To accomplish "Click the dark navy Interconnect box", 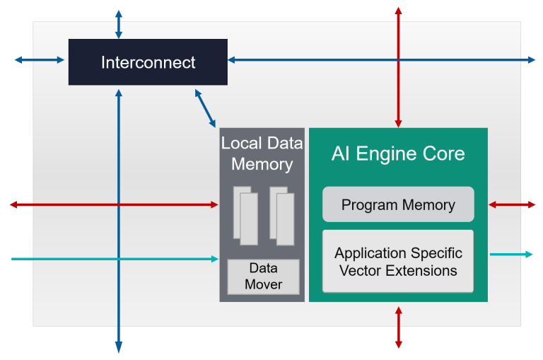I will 148,62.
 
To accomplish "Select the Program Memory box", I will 398,205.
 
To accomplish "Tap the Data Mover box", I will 263,277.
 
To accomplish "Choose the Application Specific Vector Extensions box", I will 398,262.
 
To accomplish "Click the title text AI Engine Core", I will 398,153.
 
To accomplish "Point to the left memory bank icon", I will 245,215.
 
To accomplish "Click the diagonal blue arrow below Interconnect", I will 205,108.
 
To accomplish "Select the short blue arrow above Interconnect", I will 119,24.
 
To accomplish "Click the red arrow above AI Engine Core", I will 398,67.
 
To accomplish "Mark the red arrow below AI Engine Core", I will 398,327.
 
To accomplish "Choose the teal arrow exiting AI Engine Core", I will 511,254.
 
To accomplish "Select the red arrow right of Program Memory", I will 512,205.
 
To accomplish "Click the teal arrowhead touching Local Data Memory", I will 214,260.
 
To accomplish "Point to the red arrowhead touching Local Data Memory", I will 214,205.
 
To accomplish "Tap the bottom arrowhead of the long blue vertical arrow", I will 119,347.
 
